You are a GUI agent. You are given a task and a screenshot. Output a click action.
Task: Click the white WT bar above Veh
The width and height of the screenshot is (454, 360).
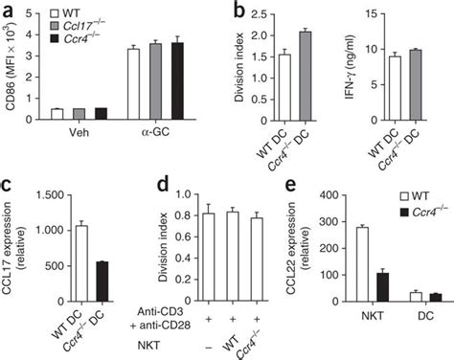click(x=58, y=113)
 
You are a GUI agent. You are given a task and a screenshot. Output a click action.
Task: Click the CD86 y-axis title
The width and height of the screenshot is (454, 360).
click(x=11, y=65)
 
